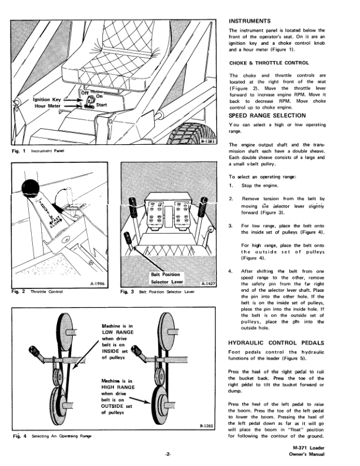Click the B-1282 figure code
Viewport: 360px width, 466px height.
pos(206,426)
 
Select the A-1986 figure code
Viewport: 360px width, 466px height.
pos(98,282)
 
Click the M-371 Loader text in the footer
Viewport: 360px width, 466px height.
pos(325,447)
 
